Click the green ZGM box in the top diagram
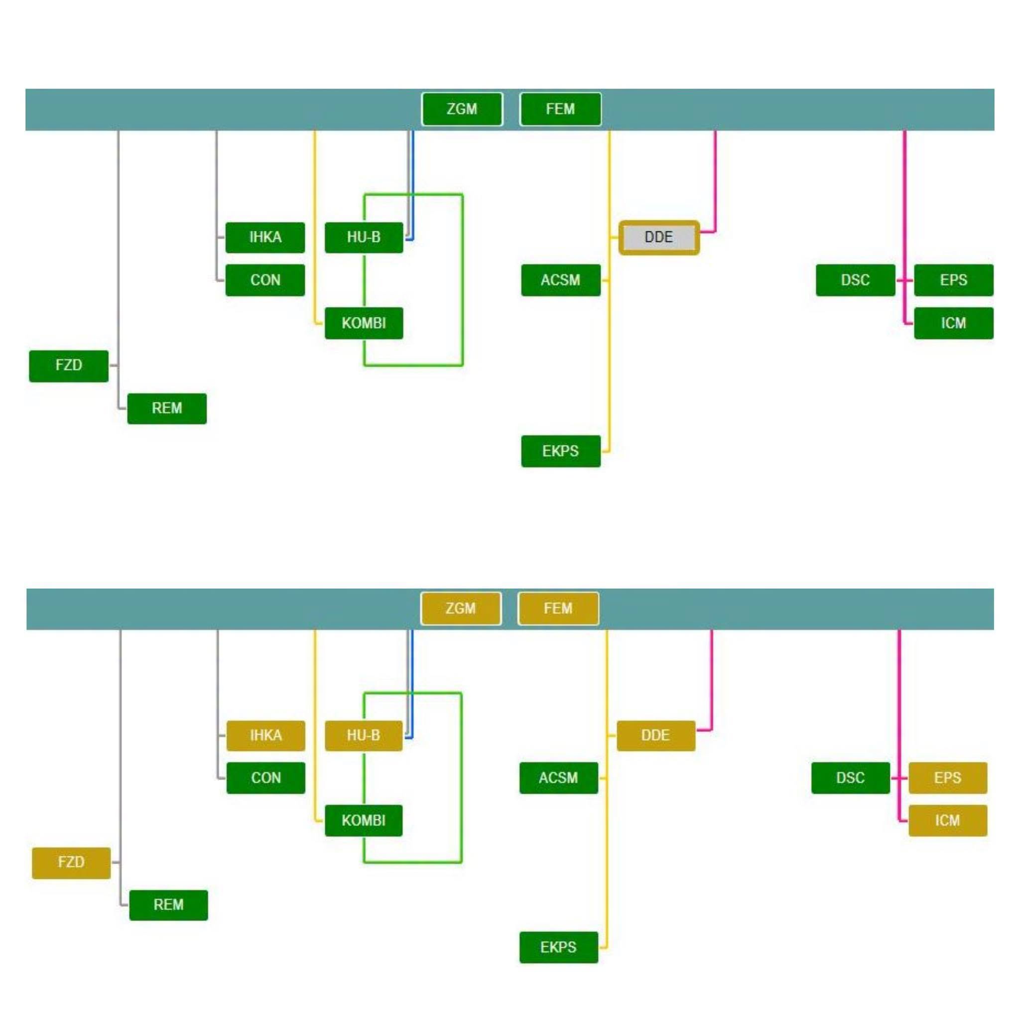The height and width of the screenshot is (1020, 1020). tap(462, 109)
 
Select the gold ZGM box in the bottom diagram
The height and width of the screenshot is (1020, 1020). tap(461, 608)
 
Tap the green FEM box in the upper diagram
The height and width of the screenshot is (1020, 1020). tap(560, 109)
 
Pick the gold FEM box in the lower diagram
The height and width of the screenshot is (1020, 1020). tap(558, 608)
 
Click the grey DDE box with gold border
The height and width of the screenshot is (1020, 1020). tap(659, 237)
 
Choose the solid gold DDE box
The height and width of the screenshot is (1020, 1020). tap(656, 736)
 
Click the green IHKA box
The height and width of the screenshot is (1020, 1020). tap(265, 238)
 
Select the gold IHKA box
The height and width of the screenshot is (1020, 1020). tap(265, 736)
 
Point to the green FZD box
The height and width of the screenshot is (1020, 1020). tap(69, 366)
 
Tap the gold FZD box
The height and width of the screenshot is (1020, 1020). tap(71, 863)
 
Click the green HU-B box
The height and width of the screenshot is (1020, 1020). tap(364, 238)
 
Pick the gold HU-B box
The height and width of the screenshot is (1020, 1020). tap(364, 736)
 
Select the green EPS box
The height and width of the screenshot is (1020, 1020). tap(953, 280)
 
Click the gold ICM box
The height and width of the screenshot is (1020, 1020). tap(948, 820)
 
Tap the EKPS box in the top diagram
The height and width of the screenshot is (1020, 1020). tap(561, 451)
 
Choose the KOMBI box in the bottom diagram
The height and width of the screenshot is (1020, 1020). tap(364, 820)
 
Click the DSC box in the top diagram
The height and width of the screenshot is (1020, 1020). tap(855, 280)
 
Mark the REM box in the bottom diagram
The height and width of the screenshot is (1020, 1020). tap(168, 905)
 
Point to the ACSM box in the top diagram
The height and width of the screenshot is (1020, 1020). tap(561, 280)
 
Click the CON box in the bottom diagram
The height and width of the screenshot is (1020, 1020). tap(265, 777)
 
